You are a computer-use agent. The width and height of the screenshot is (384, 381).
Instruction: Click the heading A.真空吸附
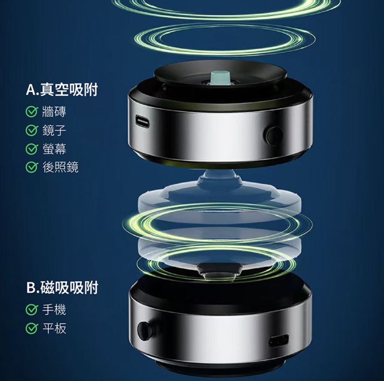(x=62, y=89)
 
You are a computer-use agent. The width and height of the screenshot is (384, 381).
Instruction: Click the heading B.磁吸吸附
(x=62, y=287)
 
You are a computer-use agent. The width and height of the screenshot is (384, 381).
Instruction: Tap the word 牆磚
(x=54, y=112)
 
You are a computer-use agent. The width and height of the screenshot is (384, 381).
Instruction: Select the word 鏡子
(x=54, y=130)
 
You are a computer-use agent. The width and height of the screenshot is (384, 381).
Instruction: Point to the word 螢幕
(x=54, y=149)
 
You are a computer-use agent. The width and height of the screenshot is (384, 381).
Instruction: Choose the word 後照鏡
(x=60, y=167)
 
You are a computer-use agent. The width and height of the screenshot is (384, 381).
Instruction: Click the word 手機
(x=54, y=310)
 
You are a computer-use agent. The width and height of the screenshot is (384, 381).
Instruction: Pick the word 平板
(x=54, y=328)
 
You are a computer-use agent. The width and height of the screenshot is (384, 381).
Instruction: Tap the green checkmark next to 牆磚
(x=32, y=112)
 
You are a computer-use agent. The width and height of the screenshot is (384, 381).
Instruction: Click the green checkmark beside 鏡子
(x=32, y=130)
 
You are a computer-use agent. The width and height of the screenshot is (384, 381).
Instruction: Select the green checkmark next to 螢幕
(x=32, y=149)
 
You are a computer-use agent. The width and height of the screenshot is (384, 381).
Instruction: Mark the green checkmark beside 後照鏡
(x=32, y=167)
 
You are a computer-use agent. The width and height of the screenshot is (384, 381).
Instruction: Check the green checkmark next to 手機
(x=32, y=310)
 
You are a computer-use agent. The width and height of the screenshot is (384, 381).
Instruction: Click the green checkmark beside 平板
(x=32, y=328)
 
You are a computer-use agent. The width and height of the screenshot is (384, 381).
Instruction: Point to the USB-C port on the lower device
(x=278, y=340)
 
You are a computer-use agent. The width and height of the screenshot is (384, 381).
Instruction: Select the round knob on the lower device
(x=145, y=331)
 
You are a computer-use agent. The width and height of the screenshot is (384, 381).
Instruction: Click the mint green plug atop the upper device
(x=220, y=77)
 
